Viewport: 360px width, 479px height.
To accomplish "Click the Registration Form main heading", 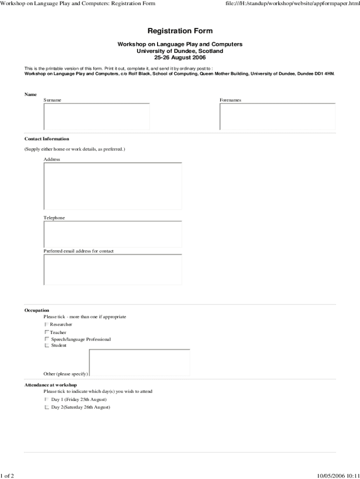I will coord(180,31).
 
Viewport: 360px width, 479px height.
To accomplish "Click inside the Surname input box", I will coord(97,116).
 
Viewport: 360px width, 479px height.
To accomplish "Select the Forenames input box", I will coord(278,116).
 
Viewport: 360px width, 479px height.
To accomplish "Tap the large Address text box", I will coord(113,186).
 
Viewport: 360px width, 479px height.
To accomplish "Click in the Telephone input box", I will coord(113,234).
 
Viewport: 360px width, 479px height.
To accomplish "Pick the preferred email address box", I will coord(113,269).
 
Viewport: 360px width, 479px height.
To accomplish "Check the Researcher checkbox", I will coord(47,324).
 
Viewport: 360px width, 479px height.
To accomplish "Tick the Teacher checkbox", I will coord(47,332).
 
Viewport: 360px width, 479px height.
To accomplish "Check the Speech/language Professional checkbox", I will coord(47,339).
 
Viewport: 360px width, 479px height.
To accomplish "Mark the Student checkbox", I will coord(47,345).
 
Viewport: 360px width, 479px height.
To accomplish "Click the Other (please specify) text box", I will coord(139,363).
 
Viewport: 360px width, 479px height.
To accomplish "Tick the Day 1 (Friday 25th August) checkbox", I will coord(47,399).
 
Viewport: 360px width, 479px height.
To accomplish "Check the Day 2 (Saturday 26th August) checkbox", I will coord(47,407).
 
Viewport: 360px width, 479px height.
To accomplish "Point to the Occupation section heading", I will coord(36,310).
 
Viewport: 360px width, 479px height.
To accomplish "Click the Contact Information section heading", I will coord(47,139).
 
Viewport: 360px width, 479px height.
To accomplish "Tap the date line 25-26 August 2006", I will coord(180,58).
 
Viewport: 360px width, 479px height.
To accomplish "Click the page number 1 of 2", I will coord(7,476).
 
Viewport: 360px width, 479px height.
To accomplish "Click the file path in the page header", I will coord(292,4).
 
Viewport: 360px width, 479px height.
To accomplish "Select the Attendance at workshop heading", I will coord(50,385).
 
